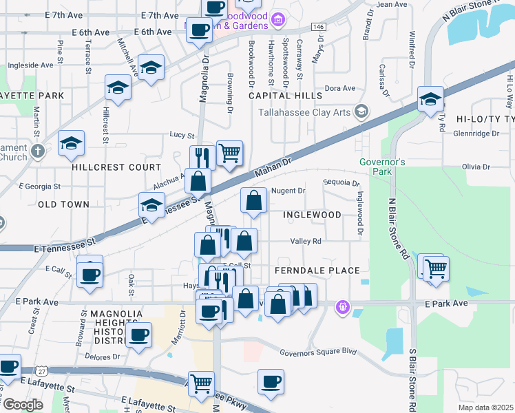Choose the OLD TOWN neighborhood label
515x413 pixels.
click(x=63, y=204)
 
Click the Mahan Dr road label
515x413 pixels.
click(x=273, y=168)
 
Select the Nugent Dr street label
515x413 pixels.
click(x=288, y=191)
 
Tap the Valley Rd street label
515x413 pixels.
click(x=306, y=241)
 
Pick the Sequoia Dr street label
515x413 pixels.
click(x=341, y=183)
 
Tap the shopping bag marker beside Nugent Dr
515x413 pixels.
click(x=253, y=201)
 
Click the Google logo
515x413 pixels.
click(x=23, y=405)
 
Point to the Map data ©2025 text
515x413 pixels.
click(x=485, y=407)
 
